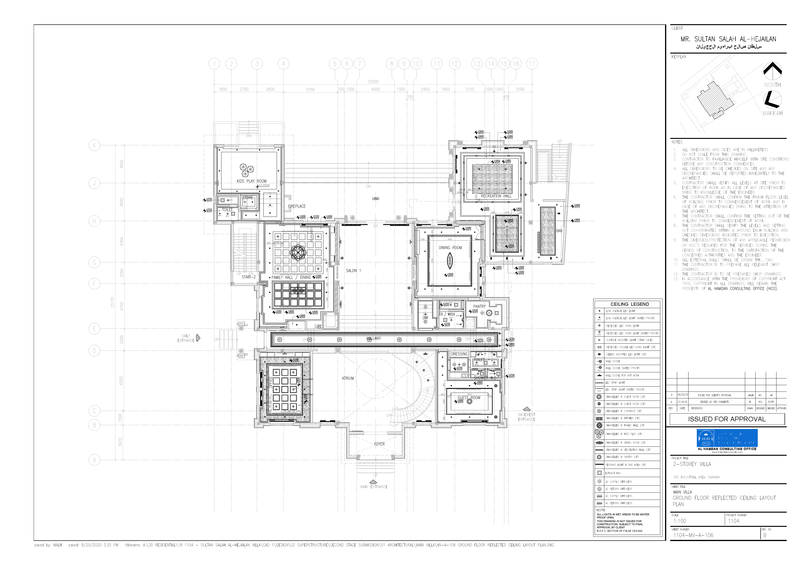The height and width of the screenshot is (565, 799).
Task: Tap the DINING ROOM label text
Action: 450,248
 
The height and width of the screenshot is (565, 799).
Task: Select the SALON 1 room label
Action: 353,271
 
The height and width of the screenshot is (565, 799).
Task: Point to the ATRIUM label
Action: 348,378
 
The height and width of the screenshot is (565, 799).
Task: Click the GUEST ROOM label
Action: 468,398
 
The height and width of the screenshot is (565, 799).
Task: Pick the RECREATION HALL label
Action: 496,196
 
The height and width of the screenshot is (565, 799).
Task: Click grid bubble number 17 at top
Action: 532,64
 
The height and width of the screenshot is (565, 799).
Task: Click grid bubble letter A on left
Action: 94,460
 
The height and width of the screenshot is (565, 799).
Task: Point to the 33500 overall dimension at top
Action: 373,82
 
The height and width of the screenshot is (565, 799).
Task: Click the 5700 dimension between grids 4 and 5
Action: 310,90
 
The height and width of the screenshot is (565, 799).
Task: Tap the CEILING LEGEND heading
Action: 629,304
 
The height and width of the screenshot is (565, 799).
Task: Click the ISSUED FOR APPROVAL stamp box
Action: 727,419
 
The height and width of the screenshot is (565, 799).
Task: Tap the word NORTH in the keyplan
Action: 772,85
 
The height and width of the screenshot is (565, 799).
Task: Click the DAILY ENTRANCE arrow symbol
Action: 198,338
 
